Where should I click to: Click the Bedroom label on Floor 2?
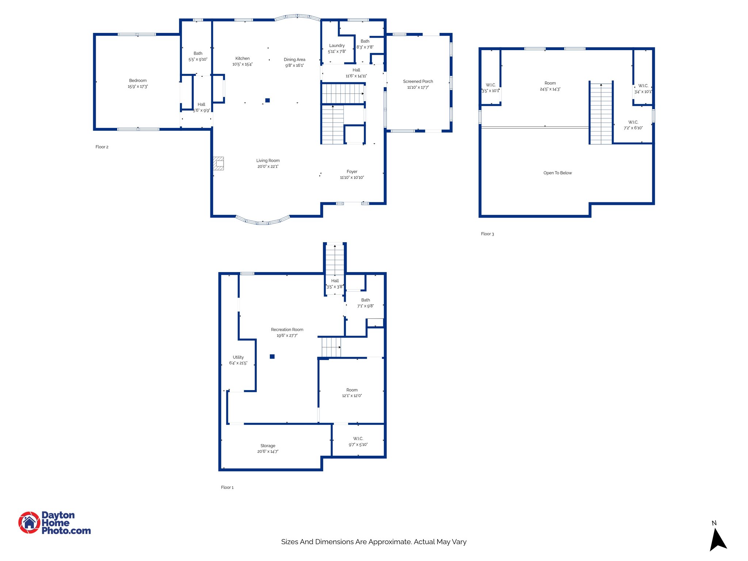point(138,80)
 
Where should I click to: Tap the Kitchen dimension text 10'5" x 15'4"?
point(242,64)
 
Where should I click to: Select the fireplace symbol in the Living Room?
point(218,163)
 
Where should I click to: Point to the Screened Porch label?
point(418,81)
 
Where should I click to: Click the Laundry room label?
point(337,46)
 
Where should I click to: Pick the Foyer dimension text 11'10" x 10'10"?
point(352,178)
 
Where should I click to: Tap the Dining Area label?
point(294,60)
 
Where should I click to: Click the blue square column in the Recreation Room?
point(272,356)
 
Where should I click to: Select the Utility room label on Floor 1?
point(238,357)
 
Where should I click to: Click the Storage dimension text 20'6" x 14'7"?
point(268,451)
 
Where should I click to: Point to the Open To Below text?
point(557,173)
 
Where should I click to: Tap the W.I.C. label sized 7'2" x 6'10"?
point(633,122)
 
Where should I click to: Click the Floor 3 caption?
point(487,234)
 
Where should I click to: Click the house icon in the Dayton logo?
point(29,523)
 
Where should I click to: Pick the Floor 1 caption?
point(227,487)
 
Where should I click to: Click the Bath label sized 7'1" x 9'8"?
point(365,300)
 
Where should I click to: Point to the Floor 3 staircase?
point(601,113)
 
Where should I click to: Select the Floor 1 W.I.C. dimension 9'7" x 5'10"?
point(358,444)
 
